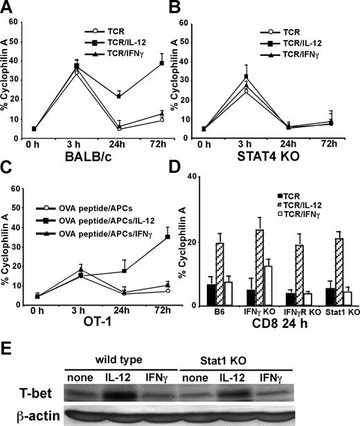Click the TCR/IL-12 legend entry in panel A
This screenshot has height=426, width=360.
118,41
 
